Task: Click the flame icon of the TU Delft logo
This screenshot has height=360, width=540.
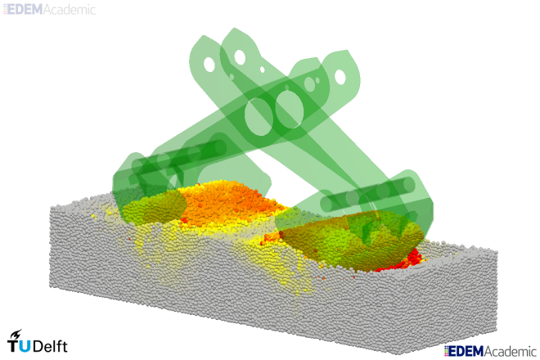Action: [x=16, y=335]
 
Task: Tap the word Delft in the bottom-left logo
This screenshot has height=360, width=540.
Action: [x=50, y=346]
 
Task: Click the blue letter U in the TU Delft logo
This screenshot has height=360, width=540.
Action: [x=25, y=346]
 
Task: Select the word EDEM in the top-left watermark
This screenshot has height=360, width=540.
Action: [x=25, y=10]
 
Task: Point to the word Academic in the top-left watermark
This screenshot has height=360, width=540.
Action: [x=70, y=10]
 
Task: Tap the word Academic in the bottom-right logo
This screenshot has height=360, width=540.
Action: [x=511, y=351]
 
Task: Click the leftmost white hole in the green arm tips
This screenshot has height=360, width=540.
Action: [x=209, y=65]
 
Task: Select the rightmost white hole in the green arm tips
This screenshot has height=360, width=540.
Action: [x=340, y=77]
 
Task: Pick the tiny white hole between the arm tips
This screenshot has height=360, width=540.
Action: [x=262, y=70]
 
